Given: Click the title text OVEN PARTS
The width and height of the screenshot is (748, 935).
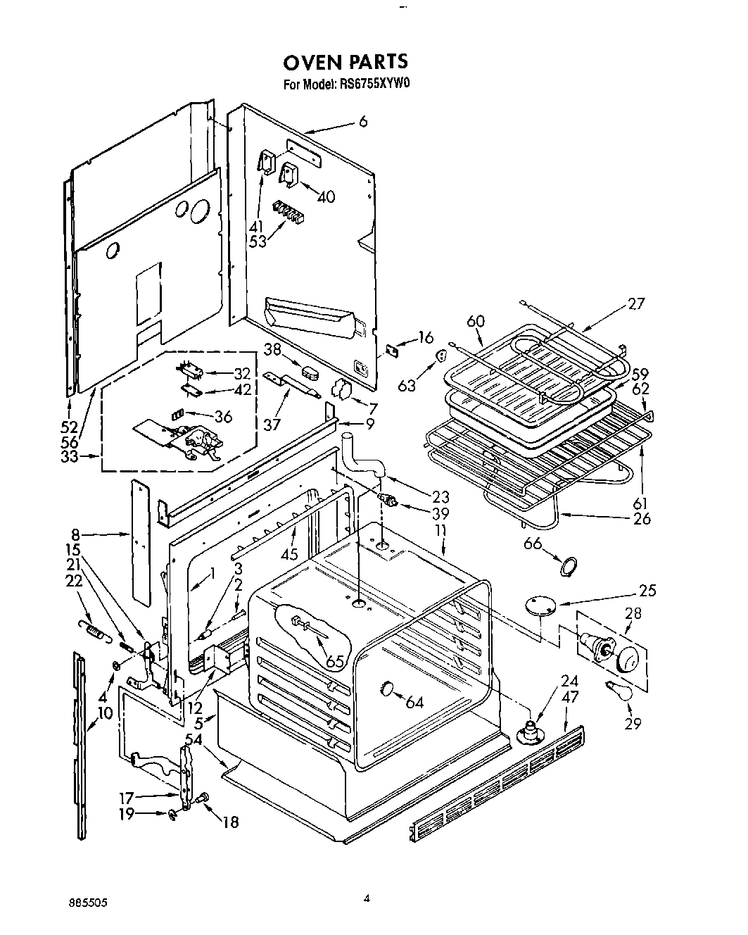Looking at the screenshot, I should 345,62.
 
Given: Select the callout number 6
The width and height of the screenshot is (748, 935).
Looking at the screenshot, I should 363,122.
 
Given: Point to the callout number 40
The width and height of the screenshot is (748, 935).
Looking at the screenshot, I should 327,197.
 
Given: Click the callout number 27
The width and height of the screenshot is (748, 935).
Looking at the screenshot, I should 635,304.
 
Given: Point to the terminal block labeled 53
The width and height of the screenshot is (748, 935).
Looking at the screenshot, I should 287,211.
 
